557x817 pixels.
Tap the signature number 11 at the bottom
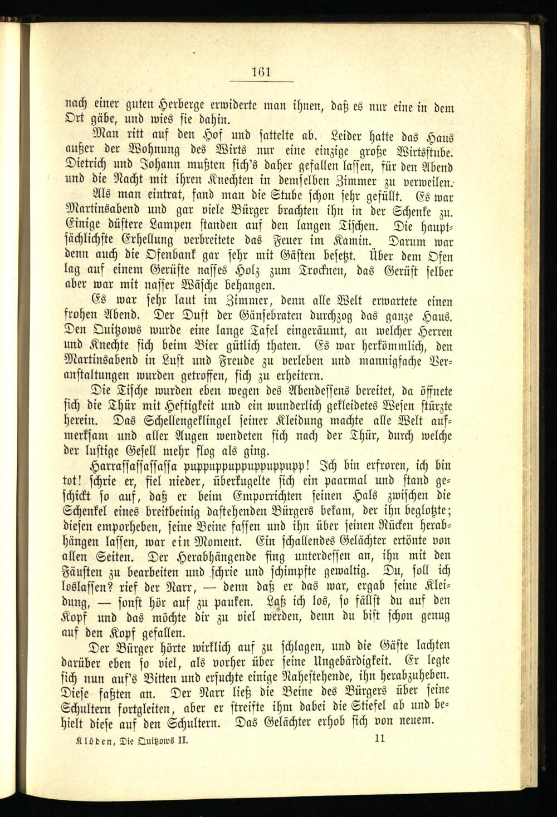pos(382,739)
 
